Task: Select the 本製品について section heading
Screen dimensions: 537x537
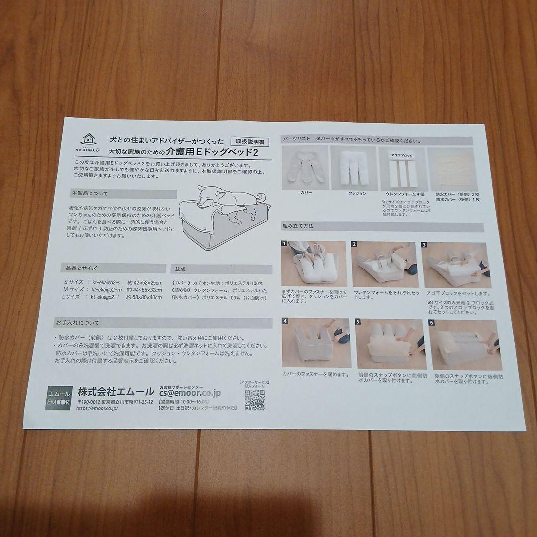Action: point(89,193)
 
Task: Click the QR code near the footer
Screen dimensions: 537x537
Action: point(254,400)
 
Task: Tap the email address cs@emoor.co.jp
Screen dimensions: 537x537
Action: point(189,394)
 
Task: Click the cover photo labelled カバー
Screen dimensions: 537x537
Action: point(305,168)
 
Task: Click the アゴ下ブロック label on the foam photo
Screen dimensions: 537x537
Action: point(402,156)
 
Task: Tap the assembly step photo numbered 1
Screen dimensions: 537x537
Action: point(313,264)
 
